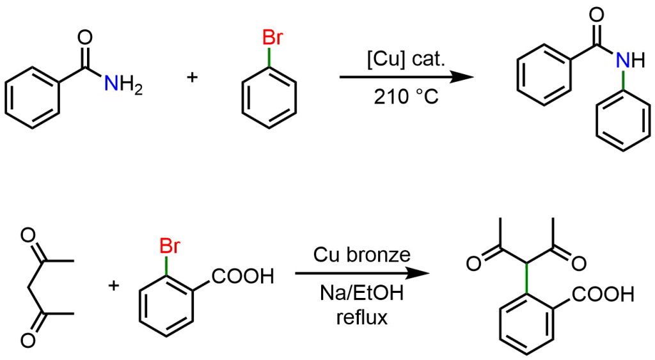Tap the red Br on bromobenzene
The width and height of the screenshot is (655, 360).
[x=272, y=38]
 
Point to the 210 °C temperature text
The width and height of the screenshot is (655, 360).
[x=406, y=97]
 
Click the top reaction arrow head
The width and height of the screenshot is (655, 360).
[x=463, y=77]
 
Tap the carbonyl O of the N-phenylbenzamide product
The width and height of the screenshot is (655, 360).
[x=597, y=15]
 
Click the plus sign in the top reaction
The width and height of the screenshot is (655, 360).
[x=192, y=77]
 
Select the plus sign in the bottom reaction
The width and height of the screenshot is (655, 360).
[x=114, y=285]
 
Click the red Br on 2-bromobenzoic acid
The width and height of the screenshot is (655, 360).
[x=170, y=246]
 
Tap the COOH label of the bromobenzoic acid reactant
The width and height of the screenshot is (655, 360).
[x=242, y=276]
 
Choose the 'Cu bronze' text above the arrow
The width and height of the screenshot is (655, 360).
[x=362, y=254]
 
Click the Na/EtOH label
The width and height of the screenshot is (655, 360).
[x=362, y=293]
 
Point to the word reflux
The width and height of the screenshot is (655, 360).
[x=362, y=317]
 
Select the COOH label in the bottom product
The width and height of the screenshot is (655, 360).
[x=603, y=294]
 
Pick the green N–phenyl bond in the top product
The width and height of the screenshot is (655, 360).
[x=623, y=81]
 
